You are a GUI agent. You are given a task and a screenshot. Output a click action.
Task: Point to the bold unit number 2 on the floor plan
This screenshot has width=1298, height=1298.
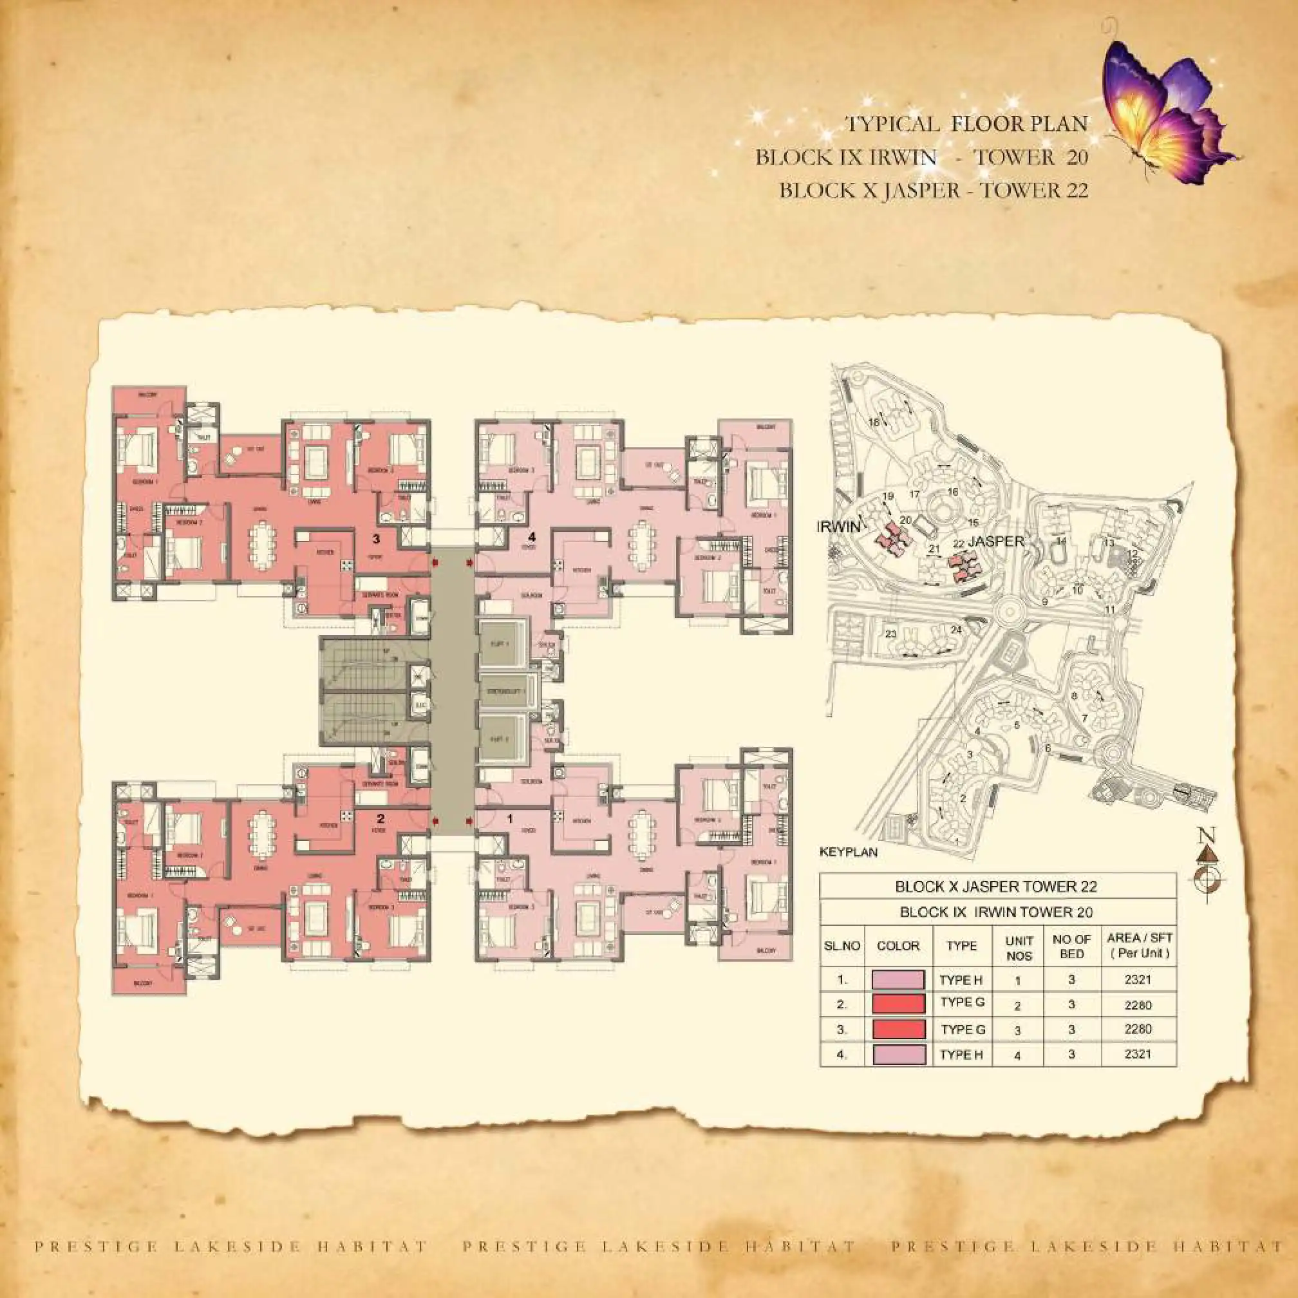point(381,819)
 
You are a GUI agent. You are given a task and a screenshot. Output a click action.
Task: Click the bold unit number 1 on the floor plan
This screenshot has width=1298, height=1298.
point(511,819)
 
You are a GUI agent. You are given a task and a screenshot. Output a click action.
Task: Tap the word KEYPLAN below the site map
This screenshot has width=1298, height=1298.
point(848,852)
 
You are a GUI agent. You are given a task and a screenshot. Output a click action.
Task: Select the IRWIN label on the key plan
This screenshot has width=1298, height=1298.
point(838,527)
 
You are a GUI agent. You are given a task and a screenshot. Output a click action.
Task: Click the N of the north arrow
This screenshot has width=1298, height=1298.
point(1207,835)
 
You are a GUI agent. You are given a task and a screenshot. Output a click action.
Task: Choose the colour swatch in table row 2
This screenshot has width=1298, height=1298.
point(898,1004)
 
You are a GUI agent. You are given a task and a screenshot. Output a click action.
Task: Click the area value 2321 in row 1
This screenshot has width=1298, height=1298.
point(1138,979)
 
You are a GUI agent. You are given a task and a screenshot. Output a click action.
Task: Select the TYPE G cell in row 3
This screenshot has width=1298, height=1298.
point(962,1030)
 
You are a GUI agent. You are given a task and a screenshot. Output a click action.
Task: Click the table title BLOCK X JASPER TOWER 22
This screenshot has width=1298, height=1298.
point(995,886)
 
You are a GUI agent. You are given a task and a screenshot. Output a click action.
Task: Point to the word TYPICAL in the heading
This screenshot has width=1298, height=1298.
point(892,124)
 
